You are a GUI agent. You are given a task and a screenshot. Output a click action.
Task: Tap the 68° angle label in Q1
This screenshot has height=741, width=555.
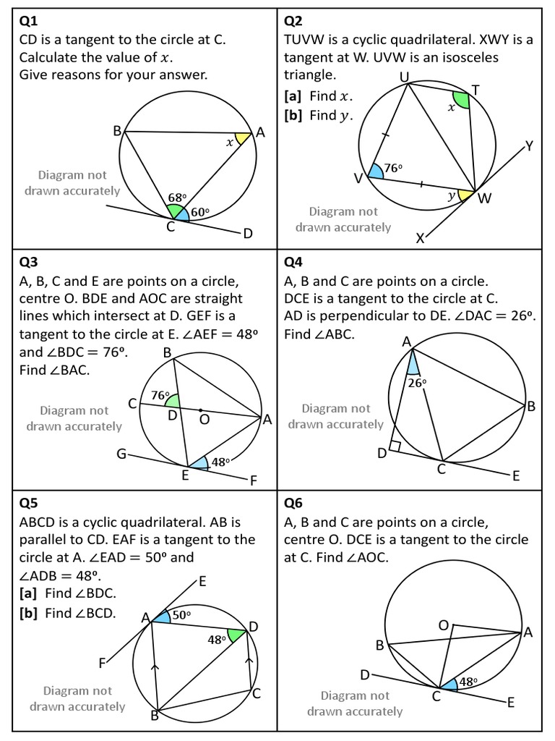pyautogui.click(x=177, y=197)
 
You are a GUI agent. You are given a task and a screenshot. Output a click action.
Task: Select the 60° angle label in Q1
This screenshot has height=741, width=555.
pyautogui.click(x=199, y=212)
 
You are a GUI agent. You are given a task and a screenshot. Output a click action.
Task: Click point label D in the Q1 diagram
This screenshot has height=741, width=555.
pyautogui.click(x=248, y=234)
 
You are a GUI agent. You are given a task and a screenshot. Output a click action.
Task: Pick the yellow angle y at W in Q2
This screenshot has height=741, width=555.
pyautogui.click(x=462, y=195)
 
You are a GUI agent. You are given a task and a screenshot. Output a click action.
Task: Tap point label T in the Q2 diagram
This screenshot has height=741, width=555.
pyautogui.click(x=475, y=89)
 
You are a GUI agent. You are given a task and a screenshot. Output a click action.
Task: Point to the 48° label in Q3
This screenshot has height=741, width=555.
pyautogui.click(x=220, y=461)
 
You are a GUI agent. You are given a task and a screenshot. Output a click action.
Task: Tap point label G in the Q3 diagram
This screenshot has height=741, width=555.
pyautogui.click(x=121, y=454)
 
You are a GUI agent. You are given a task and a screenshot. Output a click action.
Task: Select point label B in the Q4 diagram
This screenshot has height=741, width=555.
pyautogui.click(x=531, y=407)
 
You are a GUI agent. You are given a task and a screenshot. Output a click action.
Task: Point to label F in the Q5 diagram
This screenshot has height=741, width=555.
pyautogui.click(x=103, y=663)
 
